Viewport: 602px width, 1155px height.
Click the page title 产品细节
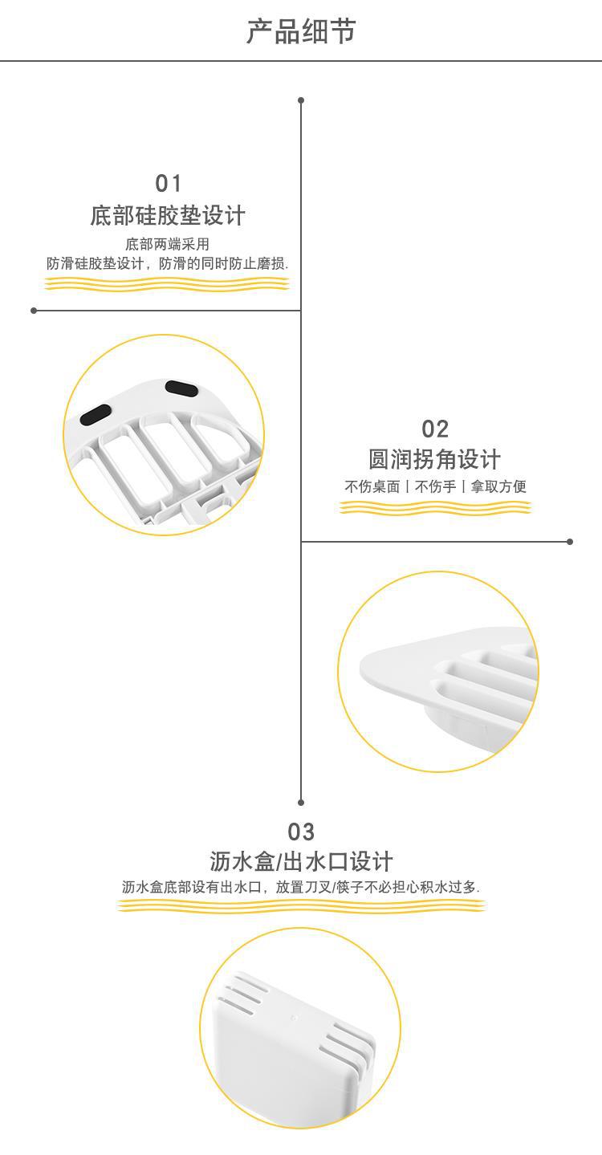point(301,32)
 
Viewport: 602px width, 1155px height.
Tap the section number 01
point(169,184)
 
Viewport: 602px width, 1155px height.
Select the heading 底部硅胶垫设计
point(168,215)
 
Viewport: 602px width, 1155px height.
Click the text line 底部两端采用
point(168,244)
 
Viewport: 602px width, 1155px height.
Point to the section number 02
point(435,429)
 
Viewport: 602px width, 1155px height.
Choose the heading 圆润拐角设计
point(435,459)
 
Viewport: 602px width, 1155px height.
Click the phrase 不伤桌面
point(372,486)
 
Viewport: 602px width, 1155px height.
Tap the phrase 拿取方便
point(498,486)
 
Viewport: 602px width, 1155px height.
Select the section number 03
point(301,832)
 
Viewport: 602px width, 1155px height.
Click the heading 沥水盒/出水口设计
point(301,861)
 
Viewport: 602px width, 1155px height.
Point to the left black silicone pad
point(96,413)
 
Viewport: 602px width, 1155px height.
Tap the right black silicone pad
point(181,388)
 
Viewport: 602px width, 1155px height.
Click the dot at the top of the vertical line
point(301,100)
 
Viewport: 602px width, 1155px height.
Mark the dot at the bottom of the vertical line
point(301,802)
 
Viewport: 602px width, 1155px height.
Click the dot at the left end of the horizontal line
point(34,311)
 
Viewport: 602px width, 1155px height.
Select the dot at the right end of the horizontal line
point(570,542)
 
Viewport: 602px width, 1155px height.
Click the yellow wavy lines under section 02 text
point(435,507)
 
